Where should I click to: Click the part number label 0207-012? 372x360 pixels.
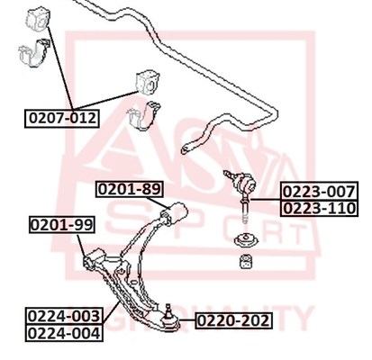[62, 119]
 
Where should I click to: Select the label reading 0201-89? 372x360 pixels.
[130, 189]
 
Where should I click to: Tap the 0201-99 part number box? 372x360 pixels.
[62, 224]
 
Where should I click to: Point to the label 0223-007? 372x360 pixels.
[320, 192]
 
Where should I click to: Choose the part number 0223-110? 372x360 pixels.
[320, 208]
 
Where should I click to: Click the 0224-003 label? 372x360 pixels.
[64, 316]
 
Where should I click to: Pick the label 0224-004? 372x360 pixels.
[64, 333]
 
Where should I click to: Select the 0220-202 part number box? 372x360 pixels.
[233, 320]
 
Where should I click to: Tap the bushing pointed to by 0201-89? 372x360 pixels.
[175, 213]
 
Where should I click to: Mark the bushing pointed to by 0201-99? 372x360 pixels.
[94, 258]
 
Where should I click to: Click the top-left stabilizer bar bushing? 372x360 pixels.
[38, 20]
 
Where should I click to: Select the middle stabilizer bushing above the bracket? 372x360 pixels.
[148, 82]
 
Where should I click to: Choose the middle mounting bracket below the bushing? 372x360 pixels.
[143, 116]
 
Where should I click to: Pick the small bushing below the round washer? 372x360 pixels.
[247, 261]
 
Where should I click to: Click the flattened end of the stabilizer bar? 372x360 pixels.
[186, 148]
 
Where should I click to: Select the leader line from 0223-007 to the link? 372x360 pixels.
[266, 199]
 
